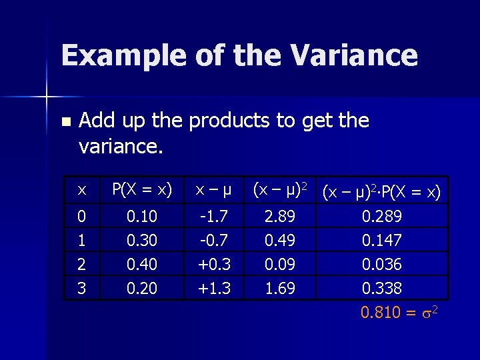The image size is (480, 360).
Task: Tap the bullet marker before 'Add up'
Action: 65,122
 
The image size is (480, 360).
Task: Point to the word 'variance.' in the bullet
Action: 121,146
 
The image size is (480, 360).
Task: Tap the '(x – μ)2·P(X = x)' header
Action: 381,192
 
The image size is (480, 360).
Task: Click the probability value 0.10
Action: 141,216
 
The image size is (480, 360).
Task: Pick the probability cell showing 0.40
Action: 141,264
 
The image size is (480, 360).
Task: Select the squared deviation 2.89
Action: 279,216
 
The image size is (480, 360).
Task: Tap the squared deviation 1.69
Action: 279,288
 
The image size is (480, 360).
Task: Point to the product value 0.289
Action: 381,216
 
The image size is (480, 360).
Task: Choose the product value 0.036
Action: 381,264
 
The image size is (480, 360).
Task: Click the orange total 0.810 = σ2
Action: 399,312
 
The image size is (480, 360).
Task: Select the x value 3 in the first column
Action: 81,288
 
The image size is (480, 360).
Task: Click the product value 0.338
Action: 381,288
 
